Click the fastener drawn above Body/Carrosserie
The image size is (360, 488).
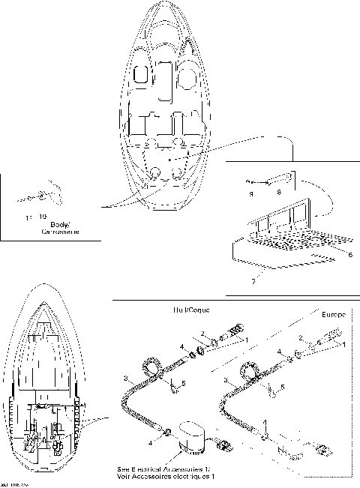pos(39,196)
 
